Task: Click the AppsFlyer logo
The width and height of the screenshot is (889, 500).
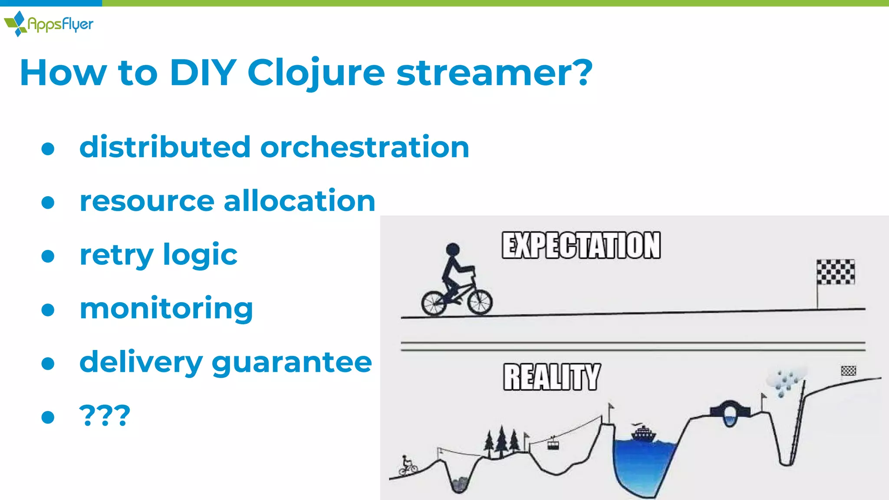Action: click(49, 23)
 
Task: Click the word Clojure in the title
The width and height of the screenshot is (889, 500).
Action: click(316, 73)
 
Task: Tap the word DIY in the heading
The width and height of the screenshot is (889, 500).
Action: click(203, 73)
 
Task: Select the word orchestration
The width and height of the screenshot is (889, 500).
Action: click(365, 147)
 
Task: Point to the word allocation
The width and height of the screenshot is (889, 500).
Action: click(299, 201)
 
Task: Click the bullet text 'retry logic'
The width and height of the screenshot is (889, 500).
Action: click(158, 255)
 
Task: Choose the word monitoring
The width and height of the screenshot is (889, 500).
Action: click(166, 309)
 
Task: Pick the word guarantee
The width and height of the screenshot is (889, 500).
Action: click(292, 362)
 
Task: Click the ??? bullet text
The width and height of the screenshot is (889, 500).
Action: click(105, 416)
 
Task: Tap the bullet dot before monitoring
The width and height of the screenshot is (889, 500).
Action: click(48, 310)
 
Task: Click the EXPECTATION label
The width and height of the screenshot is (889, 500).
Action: click(581, 246)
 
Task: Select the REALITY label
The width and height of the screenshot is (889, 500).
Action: click(552, 377)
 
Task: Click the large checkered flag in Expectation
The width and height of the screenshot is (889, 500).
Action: click(836, 272)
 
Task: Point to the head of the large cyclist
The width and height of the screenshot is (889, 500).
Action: click(453, 249)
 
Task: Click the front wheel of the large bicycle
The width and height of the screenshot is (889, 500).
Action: click(480, 302)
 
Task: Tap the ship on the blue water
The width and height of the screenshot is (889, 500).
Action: click(644, 433)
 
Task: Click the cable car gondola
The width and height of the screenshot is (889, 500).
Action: click(553, 444)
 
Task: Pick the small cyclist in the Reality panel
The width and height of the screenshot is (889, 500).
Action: click(408, 466)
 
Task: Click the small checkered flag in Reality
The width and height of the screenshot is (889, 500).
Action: click(848, 371)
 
